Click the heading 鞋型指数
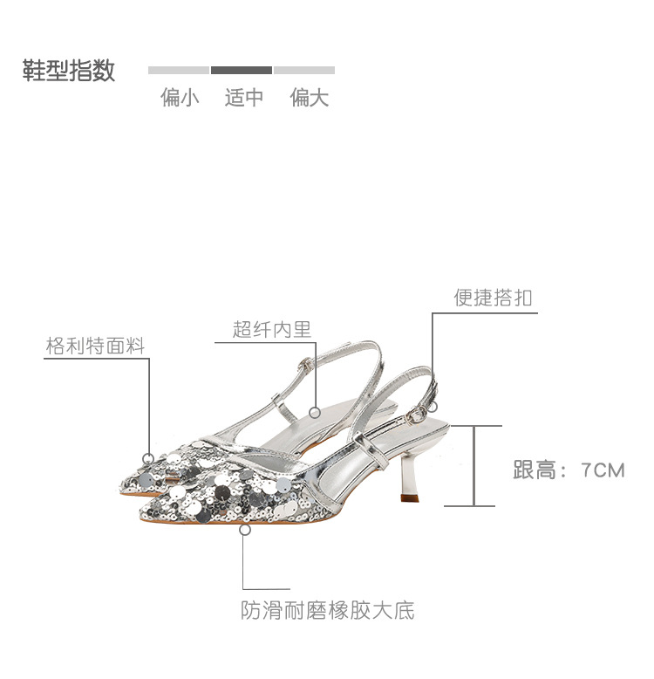pyautogui.click(x=69, y=71)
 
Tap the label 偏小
pyautogui.click(x=180, y=98)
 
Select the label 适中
pyautogui.click(x=243, y=98)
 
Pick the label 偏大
pyautogui.click(x=310, y=98)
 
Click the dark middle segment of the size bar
pyautogui.click(x=242, y=70)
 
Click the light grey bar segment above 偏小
pyautogui.click(x=179, y=70)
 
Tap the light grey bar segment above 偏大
pyautogui.click(x=303, y=70)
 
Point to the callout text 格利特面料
pyautogui.click(x=95, y=346)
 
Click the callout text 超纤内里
pyautogui.click(x=272, y=329)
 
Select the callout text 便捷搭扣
pyautogui.click(x=493, y=298)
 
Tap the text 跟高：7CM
pyautogui.click(x=569, y=470)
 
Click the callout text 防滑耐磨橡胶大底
pyautogui.click(x=328, y=610)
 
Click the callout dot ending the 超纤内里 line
pyautogui.click(x=316, y=411)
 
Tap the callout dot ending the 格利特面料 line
pyautogui.click(x=149, y=457)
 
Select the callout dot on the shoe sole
pyautogui.click(x=245, y=528)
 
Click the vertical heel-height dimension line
pyautogui.click(x=473, y=465)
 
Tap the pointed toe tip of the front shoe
pyautogui.click(x=143, y=513)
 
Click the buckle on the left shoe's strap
pyautogui.click(x=303, y=365)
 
